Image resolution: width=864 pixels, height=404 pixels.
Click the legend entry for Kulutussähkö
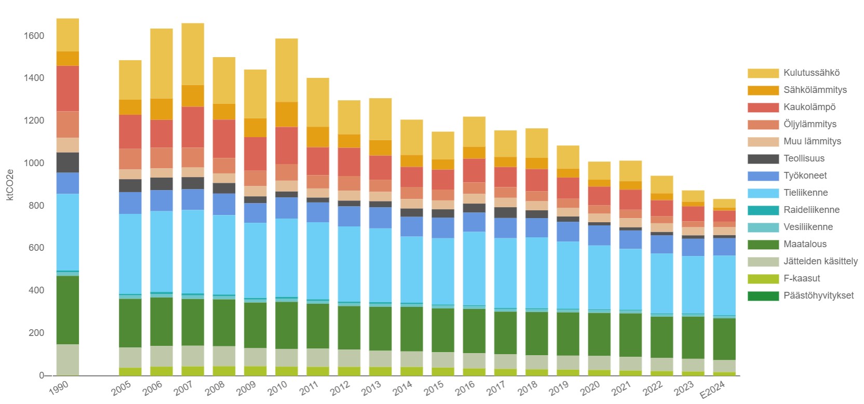click(x=811, y=73)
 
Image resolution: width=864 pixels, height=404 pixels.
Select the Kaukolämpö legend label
click(x=809, y=107)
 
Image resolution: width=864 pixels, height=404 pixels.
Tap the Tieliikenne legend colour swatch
click(x=763, y=193)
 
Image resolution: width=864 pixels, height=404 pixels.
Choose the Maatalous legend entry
click(x=805, y=244)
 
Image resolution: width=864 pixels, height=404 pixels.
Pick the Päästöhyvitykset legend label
click(x=818, y=295)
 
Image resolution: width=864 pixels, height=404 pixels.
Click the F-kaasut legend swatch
click(x=763, y=278)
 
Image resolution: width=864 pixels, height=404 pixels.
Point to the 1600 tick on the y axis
click(x=34, y=36)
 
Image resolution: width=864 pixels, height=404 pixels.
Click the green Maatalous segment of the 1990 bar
click(x=67, y=309)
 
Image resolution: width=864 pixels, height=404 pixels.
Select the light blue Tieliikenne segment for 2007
click(x=193, y=251)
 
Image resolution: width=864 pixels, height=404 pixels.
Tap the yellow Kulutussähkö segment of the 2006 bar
click(x=161, y=63)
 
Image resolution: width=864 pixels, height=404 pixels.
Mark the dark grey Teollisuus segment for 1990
click(x=67, y=163)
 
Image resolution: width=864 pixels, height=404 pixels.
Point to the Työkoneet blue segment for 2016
click(x=474, y=222)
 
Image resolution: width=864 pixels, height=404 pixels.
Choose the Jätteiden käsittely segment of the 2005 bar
click(x=130, y=357)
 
